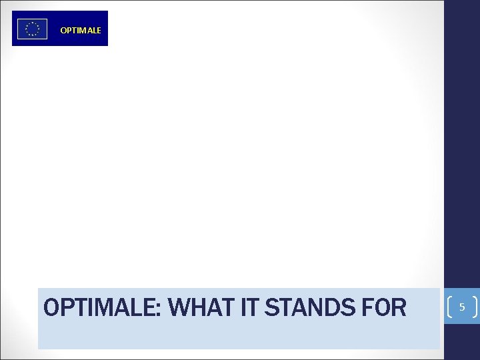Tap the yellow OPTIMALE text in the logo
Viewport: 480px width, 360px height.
point(81,30)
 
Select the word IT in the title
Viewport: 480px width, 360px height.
point(251,308)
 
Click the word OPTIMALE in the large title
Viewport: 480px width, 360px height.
point(101,308)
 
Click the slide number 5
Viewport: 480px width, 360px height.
point(461,307)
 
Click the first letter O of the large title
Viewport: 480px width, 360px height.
point(51,308)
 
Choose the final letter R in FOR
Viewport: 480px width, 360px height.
point(399,308)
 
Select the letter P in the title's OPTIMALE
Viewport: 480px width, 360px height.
point(67,308)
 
